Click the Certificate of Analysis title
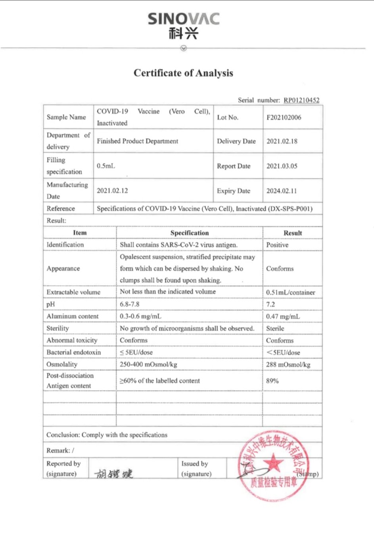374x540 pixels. click(x=183, y=73)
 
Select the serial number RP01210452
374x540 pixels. click(x=301, y=100)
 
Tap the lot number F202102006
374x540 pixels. click(x=284, y=117)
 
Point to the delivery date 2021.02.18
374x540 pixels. click(x=282, y=141)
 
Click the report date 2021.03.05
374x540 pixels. click(x=282, y=166)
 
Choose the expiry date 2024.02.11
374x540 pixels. click(x=282, y=191)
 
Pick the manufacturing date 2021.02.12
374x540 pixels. click(x=112, y=191)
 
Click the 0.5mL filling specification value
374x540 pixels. click(x=106, y=166)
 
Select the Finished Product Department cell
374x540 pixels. click(x=138, y=141)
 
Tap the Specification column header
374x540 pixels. click(x=189, y=233)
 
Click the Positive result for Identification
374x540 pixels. click(x=277, y=245)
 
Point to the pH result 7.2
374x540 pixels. click(x=270, y=304)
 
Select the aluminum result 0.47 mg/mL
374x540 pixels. click(x=283, y=316)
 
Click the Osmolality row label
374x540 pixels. click(x=62, y=364)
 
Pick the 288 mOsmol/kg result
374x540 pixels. click(x=288, y=364)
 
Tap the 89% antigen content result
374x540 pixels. click(x=272, y=381)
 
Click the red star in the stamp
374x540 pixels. click(x=273, y=462)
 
